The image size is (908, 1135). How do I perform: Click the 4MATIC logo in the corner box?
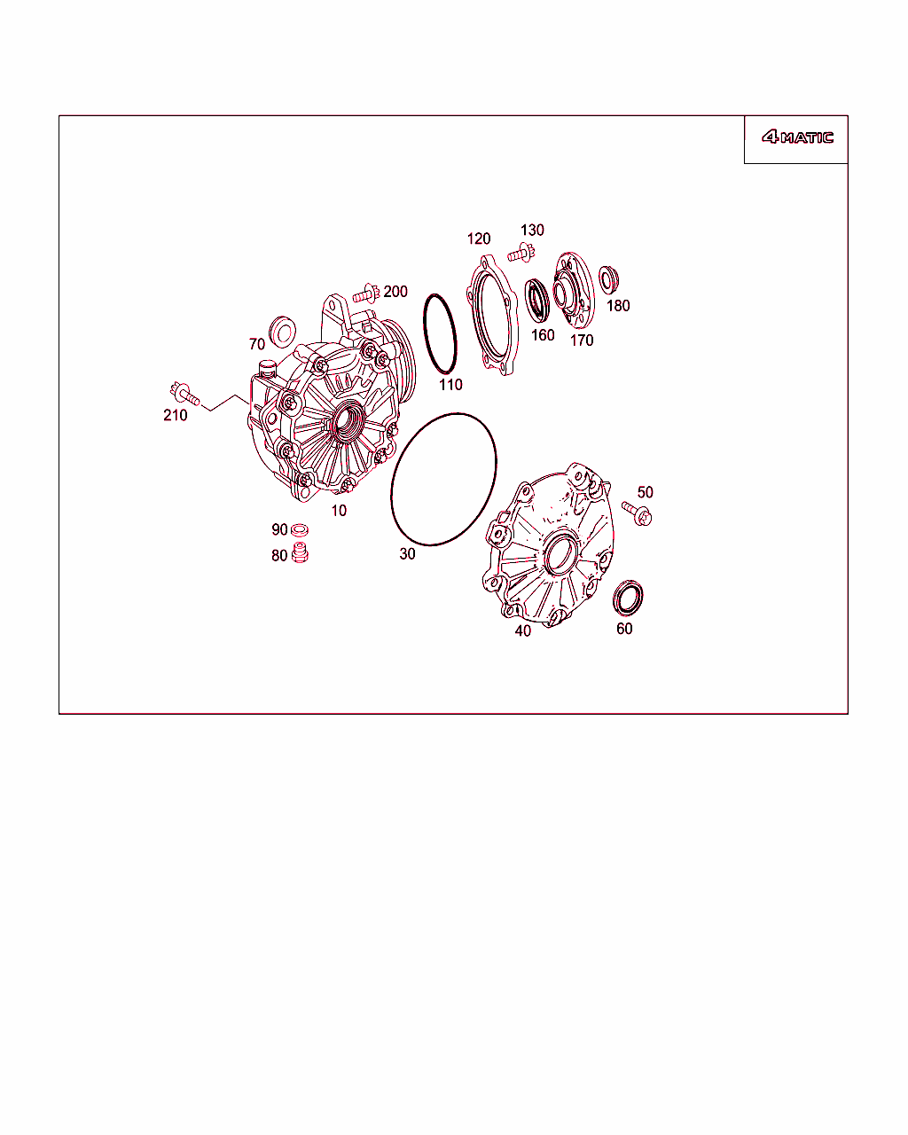797,137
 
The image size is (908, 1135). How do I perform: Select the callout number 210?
176,416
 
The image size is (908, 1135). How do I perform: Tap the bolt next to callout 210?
184,394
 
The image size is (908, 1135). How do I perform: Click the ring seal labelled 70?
282,332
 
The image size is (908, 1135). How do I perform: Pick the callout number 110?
450,385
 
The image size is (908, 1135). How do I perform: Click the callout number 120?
479,239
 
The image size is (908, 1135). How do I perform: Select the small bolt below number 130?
521,254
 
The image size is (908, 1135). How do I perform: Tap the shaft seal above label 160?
537,300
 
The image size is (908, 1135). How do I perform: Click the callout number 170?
582,340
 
